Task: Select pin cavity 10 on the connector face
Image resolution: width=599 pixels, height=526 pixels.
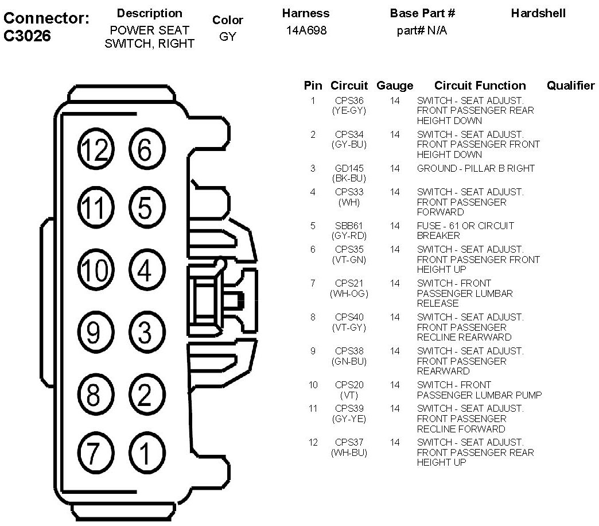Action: tap(94, 270)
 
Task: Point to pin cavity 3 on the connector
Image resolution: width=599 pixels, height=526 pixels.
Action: tap(145, 332)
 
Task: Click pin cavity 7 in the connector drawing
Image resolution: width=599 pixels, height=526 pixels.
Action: tap(94, 454)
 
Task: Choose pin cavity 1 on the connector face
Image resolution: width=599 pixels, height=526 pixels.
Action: tap(145, 454)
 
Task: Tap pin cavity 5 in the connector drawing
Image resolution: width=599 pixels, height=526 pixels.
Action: tap(145, 208)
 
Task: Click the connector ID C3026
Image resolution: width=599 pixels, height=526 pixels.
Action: tap(27, 36)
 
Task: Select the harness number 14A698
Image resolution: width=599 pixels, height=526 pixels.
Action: tap(306, 30)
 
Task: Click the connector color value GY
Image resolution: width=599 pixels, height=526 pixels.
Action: tap(227, 37)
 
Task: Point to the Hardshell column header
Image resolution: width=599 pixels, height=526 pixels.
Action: tap(538, 13)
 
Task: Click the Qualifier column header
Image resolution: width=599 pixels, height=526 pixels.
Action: tap(570, 86)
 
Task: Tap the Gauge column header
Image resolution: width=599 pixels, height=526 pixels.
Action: tap(395, 86)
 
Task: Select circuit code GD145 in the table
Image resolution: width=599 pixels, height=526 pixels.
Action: tap(349, 168)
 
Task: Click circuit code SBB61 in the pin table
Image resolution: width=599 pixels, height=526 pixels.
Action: tap(349, 226)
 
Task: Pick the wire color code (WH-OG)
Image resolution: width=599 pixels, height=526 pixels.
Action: tap(349, 293)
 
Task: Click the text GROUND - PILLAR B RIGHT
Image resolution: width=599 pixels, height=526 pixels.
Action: tap(476, 168)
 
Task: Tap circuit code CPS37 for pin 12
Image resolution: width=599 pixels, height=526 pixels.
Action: tap(349, 442)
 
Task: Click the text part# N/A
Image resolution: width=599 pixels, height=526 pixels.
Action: tap(422, 30)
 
